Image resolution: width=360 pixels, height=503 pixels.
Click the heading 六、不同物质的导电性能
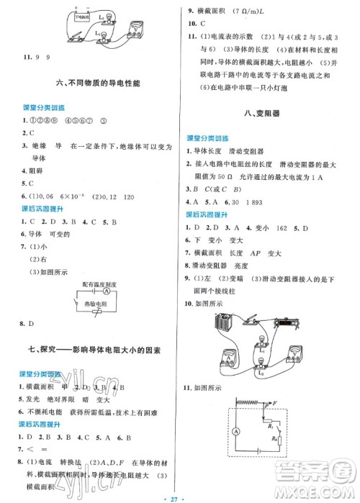[91, 85]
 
